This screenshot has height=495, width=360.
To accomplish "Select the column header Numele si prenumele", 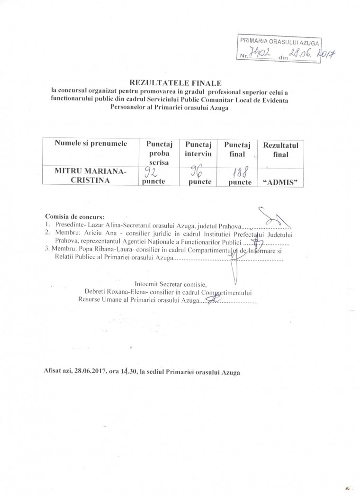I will pos(90,144).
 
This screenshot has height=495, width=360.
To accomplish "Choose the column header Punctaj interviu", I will pos(198,148).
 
